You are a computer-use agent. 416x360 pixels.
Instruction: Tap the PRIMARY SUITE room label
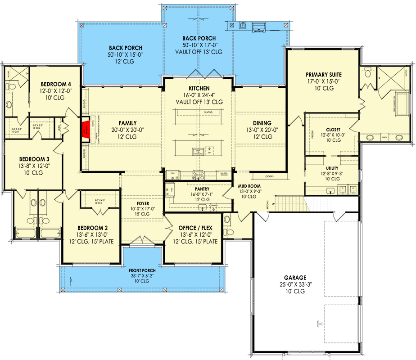click(x=323, y=75)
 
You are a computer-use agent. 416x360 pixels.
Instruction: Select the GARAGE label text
click(x=295, y=278)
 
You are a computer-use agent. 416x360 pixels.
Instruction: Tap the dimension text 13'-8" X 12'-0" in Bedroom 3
click(x=34, y=166)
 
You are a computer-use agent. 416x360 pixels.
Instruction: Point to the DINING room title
click(x=262, y=123)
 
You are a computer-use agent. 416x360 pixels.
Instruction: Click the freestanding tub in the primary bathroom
click(x=400, y=104)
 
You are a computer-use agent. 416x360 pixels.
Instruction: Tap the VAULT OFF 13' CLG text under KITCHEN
click(x=199, y=102)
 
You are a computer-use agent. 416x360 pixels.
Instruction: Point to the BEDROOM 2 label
click(x=89, y=228)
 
